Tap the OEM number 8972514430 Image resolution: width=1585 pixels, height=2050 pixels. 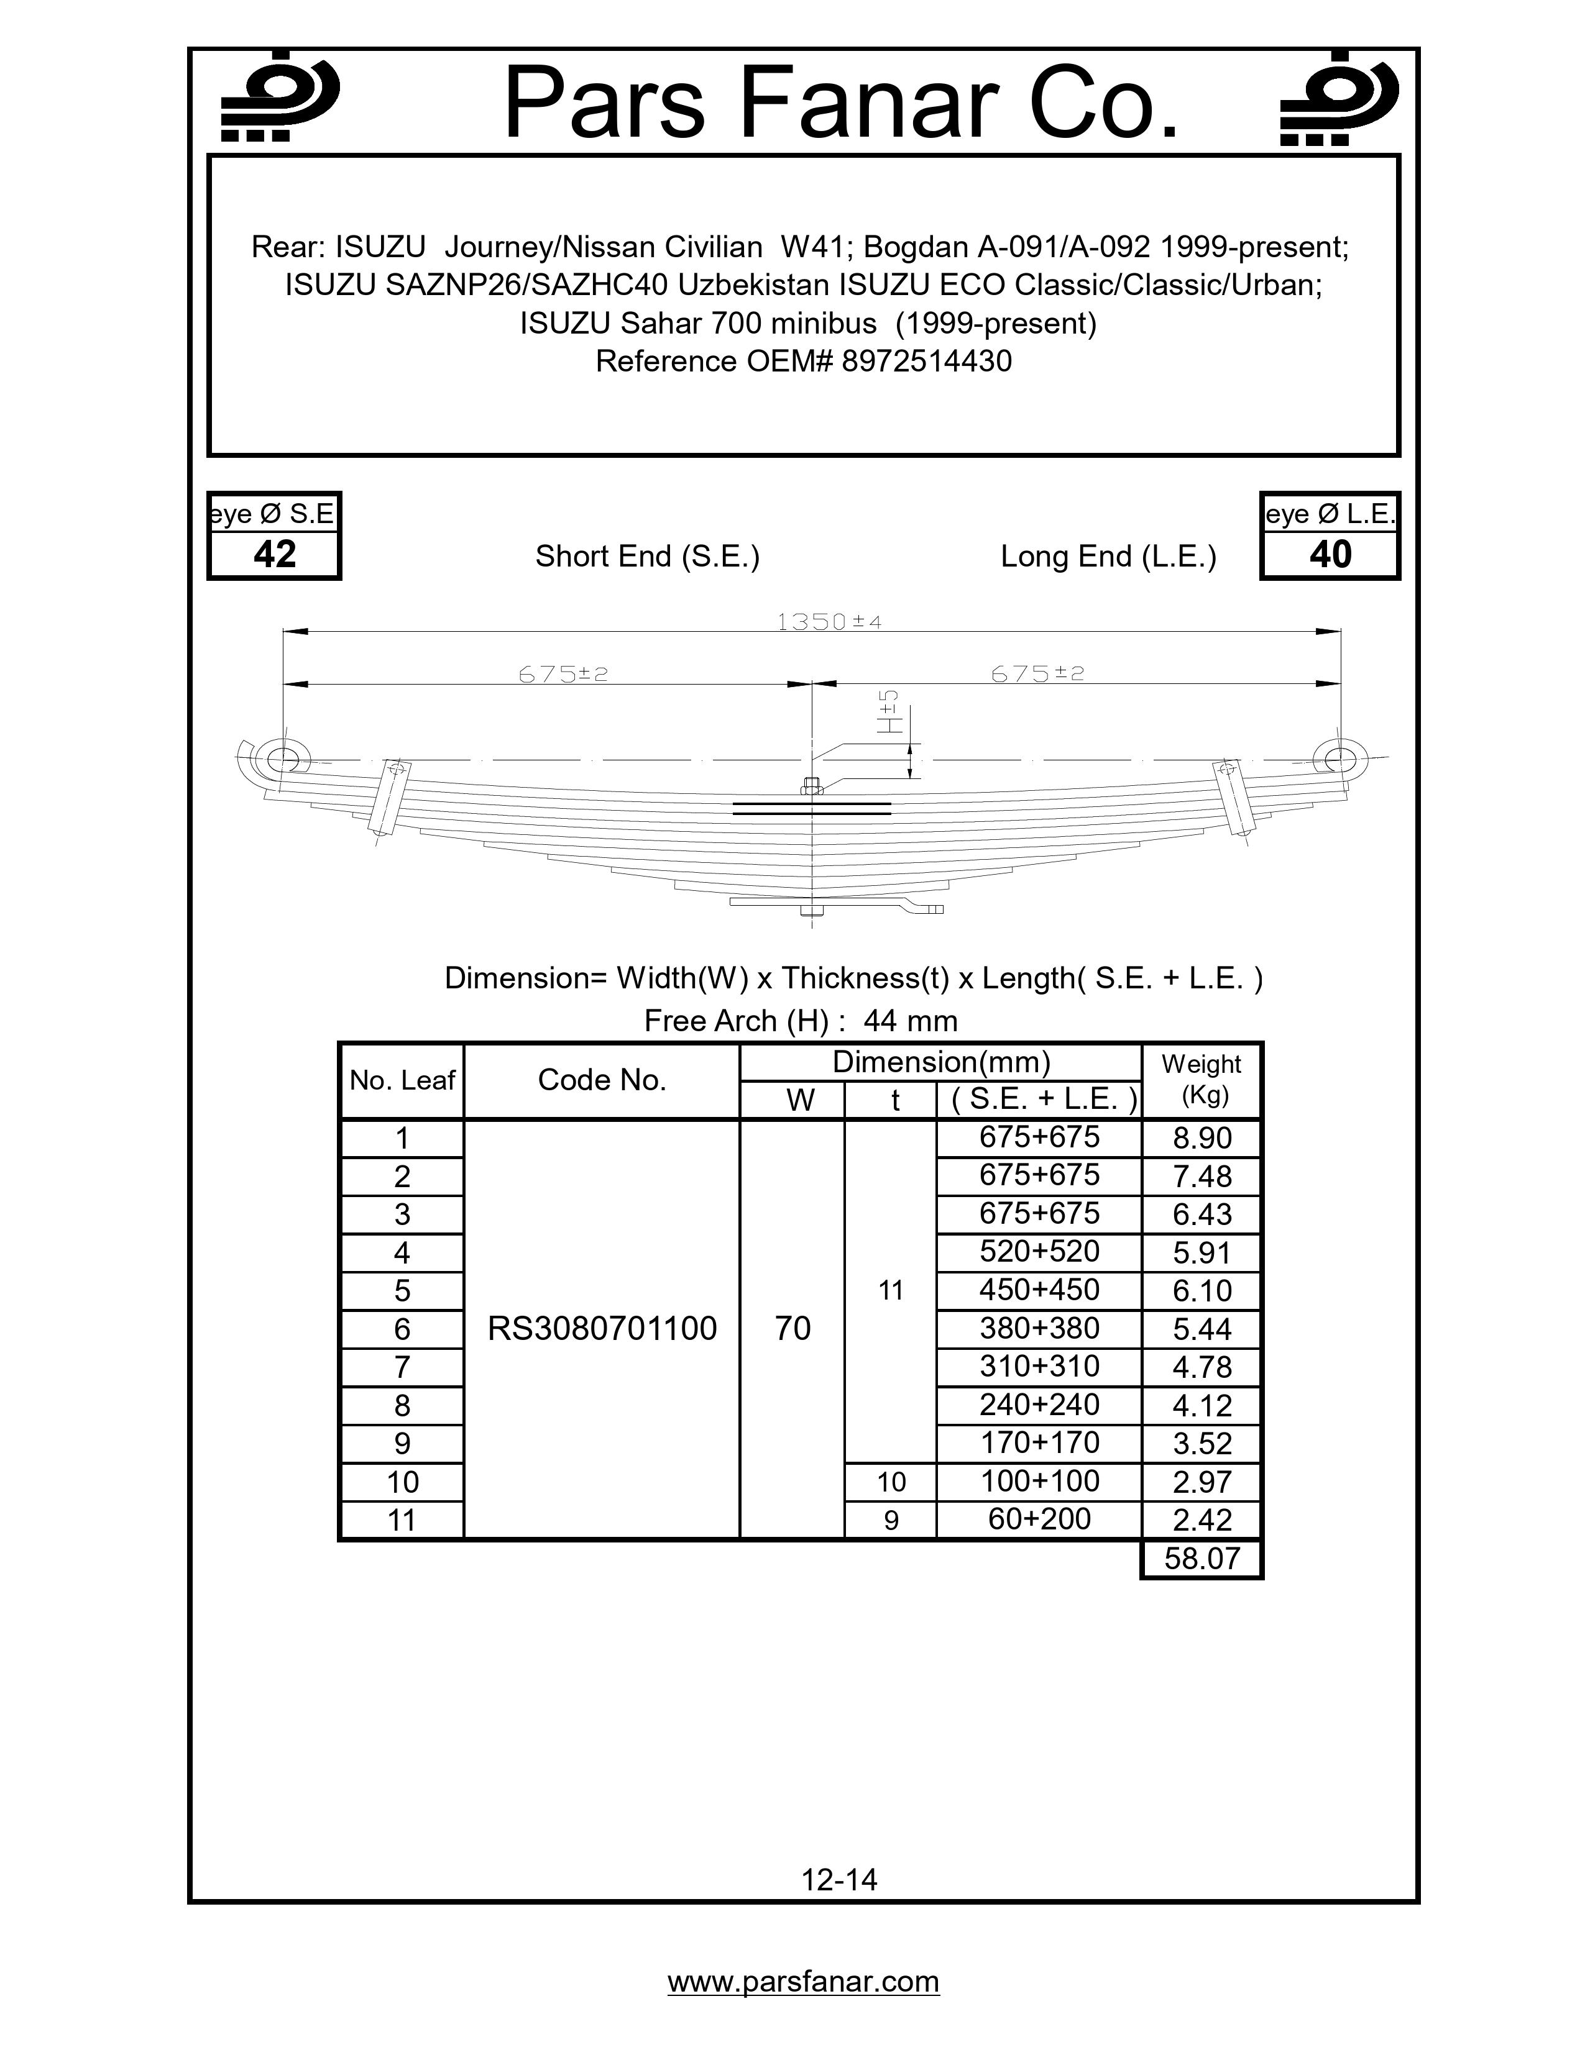[926, 362]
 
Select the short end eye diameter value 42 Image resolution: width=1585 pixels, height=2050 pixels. [274, 555]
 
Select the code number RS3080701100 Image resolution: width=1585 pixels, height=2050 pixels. [602, 1328]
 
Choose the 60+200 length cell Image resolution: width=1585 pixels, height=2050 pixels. [1039, 1519]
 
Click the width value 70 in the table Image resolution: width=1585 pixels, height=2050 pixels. [792, 1328]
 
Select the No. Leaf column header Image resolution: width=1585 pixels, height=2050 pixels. [402, 1080]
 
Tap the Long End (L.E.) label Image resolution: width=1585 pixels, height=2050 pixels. [1108, 557]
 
